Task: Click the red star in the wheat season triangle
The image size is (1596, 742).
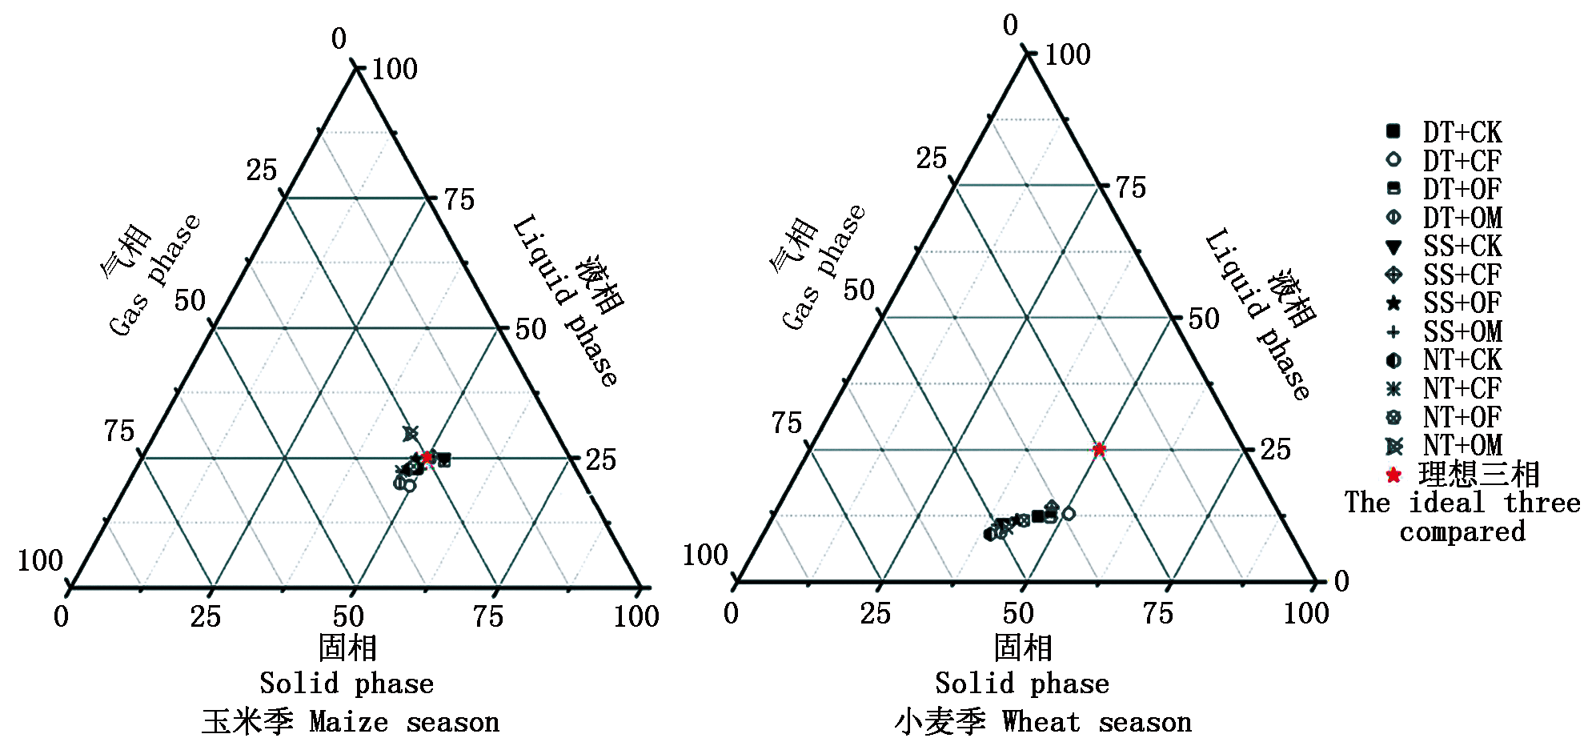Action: tap(1100, 450)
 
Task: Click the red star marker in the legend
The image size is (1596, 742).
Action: tap(1393, 475)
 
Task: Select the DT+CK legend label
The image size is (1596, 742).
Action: tap(1462, 132)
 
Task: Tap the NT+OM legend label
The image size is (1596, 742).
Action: tap(1462, 445)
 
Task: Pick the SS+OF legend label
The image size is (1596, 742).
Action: tap(1462, 303)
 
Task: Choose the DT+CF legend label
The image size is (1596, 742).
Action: tap(1462, 161)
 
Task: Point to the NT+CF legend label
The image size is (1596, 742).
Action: tap(1462, 388)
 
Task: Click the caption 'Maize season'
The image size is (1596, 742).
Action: tap(404, 722)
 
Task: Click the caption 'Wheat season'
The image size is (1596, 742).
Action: tap(1097, 722)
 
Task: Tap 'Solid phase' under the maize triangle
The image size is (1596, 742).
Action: tap(347, 684)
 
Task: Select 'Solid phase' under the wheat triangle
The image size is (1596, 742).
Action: tap(1022, 684)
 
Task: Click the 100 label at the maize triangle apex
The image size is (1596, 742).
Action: tap(395, 70)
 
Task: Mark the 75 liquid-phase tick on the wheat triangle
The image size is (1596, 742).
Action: tap(1131, 188)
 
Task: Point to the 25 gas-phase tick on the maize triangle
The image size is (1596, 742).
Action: tap(262, 170)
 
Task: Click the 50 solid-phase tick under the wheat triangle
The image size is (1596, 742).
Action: tap(1018, 614)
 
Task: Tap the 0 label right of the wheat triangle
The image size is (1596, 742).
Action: tap(1341, 581)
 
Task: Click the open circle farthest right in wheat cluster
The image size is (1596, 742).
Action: tap(1068, 514)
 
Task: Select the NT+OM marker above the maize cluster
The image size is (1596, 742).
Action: tap(411, 434)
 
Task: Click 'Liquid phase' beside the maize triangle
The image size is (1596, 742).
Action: tap(565, 300)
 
